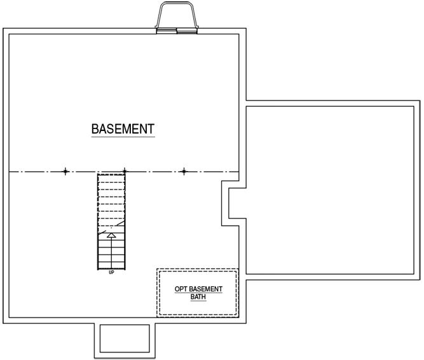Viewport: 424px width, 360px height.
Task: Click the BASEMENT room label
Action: point(123,129)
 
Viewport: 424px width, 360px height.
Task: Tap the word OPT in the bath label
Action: point(181,289)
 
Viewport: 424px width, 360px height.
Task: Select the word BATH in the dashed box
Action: point(198,296)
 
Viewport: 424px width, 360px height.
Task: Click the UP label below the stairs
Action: point(111,273)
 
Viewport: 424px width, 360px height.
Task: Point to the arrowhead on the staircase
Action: point(111,235)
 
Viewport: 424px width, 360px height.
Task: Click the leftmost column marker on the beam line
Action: point(65,172)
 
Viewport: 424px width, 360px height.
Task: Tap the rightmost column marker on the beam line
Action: point(184,172)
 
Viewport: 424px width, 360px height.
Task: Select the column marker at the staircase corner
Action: point(125,171)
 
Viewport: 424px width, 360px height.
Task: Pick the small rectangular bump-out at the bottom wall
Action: point(125,339)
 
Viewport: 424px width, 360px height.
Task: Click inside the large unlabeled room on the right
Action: point(330,190)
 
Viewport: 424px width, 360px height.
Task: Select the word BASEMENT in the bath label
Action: point(205,289)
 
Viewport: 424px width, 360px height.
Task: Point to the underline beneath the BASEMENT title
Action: point(123,137)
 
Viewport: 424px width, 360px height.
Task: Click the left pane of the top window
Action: point(167,31)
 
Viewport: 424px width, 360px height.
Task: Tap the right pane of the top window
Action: point(187,31)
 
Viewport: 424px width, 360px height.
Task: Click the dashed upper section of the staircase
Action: point(111,200)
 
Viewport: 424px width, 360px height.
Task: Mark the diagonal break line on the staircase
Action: point(112,228)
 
